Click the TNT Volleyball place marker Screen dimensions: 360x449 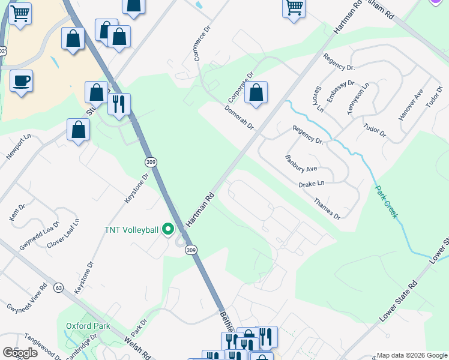tap(169, 230)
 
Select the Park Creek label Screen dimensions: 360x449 tap(387, 202)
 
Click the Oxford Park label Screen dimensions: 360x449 tap(88, 326)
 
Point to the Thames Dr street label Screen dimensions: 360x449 tap(327, 208)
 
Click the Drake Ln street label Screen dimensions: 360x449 tap(312, 184)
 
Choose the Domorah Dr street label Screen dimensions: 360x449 tap(240, 118)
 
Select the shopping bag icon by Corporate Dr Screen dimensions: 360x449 tap(256, 93)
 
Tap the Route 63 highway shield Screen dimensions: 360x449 tap(58, 287)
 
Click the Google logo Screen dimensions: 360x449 tap(20, 353)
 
